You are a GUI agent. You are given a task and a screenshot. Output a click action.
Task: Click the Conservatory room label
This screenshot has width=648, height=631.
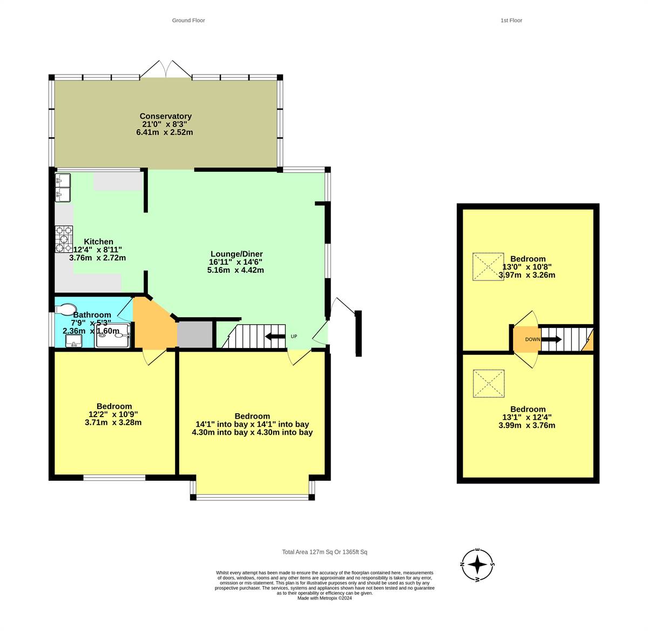[x=165, y=116]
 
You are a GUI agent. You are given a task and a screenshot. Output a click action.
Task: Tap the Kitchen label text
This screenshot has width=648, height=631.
[x=98, y=241]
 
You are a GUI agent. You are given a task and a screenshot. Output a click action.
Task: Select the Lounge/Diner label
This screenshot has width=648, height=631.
[x=237, y=254]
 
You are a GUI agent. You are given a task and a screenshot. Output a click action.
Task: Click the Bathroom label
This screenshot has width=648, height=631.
[x=92, y=315]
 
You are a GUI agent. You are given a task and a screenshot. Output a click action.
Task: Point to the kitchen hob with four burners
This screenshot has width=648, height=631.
[x=64, y=239]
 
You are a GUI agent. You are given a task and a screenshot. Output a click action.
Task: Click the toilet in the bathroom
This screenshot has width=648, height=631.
[x=65, y=310]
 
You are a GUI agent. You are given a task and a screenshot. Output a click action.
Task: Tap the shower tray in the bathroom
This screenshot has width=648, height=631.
[x=112, y=335]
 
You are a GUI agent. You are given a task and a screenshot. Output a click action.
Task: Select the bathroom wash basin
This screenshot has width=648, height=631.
[x=73, y=341]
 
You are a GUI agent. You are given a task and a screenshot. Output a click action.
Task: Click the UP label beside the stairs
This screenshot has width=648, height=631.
[x=294, y=337]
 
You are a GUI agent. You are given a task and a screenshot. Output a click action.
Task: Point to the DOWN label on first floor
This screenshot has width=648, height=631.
[x=532, y=339]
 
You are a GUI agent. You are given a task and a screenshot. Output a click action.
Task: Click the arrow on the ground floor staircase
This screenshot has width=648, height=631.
[x=275, y=336]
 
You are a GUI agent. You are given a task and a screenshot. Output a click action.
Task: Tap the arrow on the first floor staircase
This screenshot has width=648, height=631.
[x=551, y=339]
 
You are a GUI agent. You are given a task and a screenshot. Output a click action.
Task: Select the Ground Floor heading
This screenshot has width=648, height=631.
[x=188, y=21]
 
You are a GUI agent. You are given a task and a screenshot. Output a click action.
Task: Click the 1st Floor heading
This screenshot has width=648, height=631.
[x=511, y=21]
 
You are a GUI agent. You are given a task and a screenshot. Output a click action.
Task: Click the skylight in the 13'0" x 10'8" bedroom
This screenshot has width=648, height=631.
[x=488, y=266]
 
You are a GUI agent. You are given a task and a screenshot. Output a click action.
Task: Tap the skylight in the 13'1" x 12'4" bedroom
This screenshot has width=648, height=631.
[x=489, y=384]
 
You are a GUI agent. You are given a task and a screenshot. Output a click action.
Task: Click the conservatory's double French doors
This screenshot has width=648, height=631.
[x=166, y=70]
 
